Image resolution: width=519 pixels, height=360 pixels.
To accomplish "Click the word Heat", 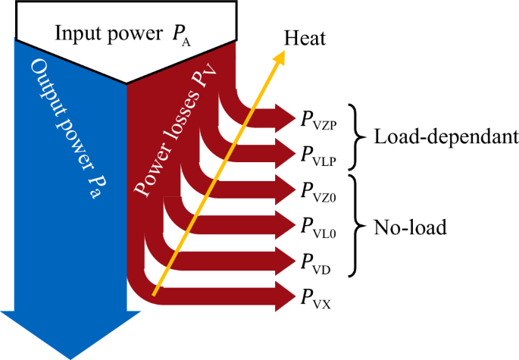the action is point(305,38).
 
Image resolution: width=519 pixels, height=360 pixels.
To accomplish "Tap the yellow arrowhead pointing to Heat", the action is point(279,58).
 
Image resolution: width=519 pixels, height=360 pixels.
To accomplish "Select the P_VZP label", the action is point(318,121).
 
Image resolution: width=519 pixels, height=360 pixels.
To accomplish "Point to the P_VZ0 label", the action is point(318,192).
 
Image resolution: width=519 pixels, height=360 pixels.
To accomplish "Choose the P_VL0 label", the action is point(318,228).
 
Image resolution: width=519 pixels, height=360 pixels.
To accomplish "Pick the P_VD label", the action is point(315,264).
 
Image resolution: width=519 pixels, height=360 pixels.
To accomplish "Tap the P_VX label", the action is point(315,299).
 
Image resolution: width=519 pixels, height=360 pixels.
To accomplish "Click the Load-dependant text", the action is point(446,136).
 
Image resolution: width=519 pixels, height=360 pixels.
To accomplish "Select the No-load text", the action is point(410,227).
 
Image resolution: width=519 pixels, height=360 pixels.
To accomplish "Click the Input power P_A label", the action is point(123,34).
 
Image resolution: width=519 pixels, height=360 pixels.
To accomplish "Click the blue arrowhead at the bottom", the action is point(70,334).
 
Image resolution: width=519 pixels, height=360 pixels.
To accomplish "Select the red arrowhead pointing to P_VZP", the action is point(284,117).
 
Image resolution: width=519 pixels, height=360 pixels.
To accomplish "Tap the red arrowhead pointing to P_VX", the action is point(284,296).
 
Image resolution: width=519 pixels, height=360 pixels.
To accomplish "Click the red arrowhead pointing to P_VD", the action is point(284,261).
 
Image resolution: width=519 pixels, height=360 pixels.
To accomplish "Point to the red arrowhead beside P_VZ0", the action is point(284,189).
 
